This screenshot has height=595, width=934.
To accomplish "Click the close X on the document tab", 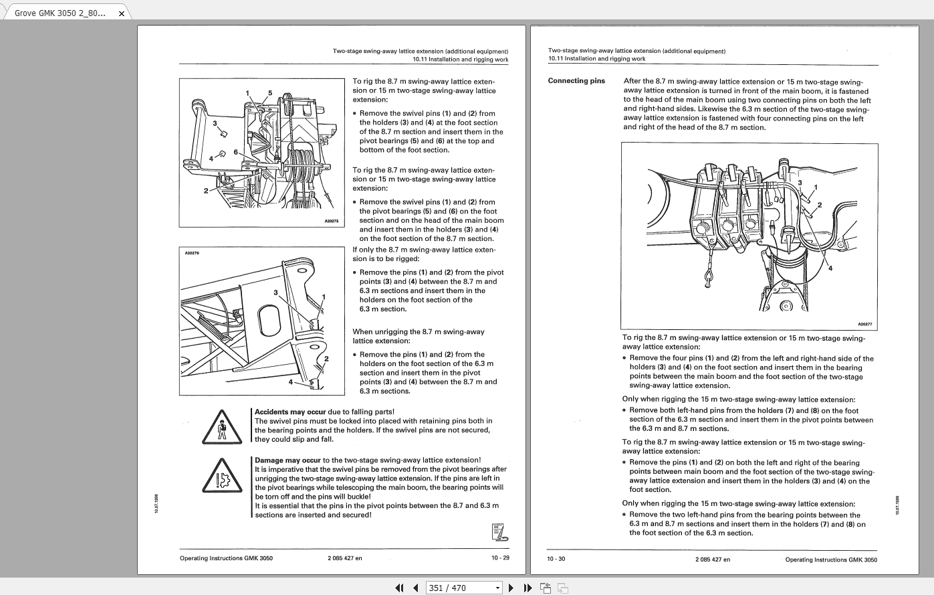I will tap(121, 13).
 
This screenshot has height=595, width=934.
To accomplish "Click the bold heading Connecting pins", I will tap(576, 81).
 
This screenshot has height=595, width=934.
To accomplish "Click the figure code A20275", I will tap(332, 221).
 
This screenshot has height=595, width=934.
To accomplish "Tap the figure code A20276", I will tap(192, 253).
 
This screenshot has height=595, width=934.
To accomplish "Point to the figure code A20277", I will tap(864, 324).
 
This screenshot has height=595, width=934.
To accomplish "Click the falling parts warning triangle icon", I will tap(221, 427).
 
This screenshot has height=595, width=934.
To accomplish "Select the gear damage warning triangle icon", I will tap(221, 476).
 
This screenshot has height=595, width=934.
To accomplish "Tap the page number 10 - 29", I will tap(500, 558).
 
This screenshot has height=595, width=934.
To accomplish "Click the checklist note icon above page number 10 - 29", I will tap(499, 533).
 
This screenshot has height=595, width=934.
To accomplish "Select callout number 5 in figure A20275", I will tap(270, 93).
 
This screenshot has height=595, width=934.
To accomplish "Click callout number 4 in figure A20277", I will tap(830, 268).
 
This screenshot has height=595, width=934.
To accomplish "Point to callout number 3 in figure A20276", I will tap(275, 292).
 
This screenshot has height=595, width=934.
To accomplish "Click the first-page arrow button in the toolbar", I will tap(399, 588).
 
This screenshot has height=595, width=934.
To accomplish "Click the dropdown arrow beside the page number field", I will tap(497, 588).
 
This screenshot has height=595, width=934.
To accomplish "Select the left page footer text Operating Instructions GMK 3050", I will tap(226, 558).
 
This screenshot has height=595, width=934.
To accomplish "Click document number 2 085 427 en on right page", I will tap(713, 559).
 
